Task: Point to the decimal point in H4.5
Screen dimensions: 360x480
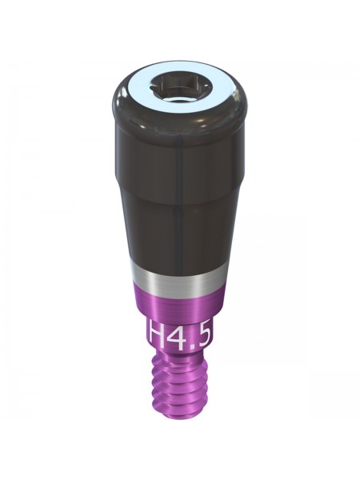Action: pyautogui.click(x=190, y=347)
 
